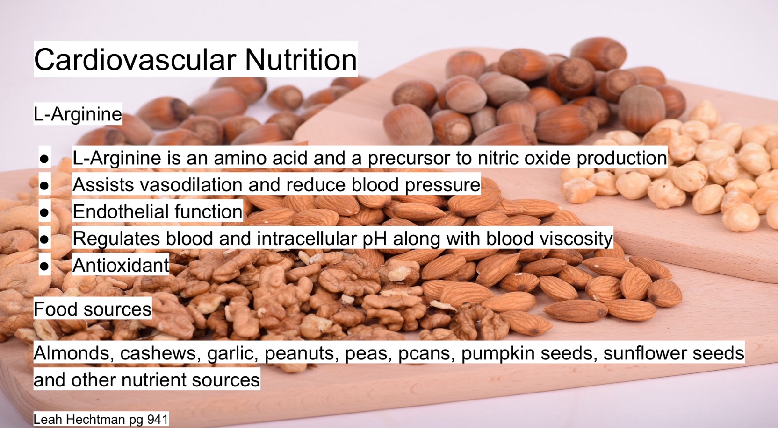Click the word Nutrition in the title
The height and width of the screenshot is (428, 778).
(x=301, y=60)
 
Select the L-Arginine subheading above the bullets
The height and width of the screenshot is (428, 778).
(x=78, y=114)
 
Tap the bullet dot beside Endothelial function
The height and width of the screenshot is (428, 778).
(x=44, y=212)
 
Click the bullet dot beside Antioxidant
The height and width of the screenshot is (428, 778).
(x=44, y=266)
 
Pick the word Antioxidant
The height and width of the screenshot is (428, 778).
(x=121, y=265)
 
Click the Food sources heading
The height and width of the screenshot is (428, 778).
(x=93, y=309)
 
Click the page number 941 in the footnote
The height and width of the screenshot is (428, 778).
(x=158, y=419)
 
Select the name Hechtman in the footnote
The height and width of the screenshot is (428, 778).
(x=96, y=419)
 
